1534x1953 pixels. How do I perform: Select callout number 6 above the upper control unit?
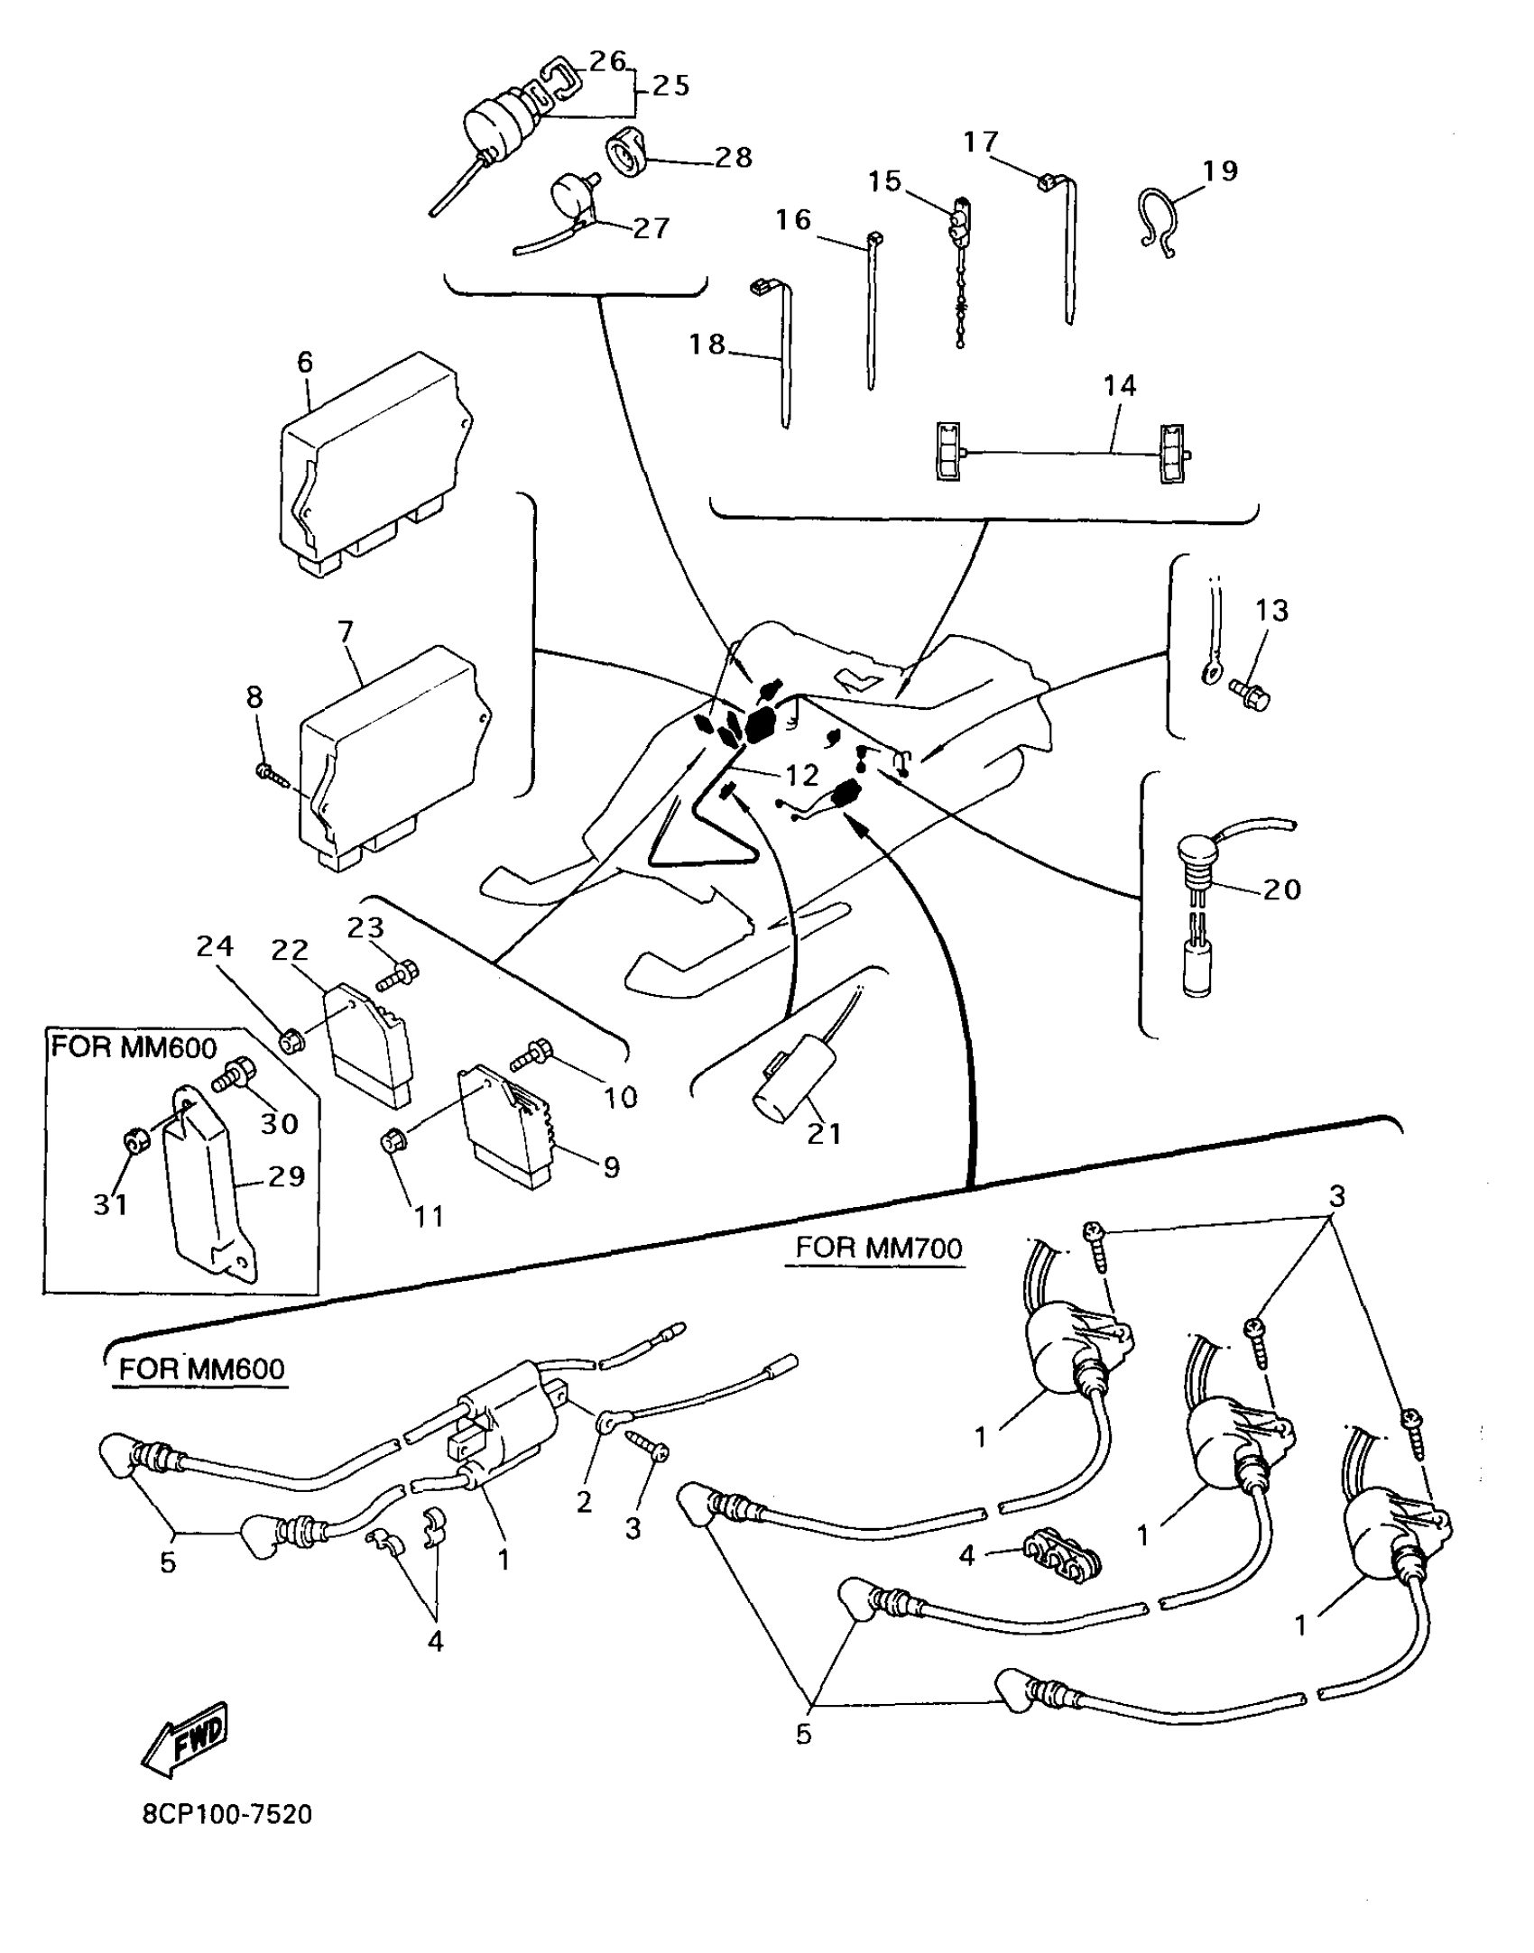coord(305,363)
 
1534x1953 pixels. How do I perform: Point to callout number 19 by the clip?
coord(1220,170)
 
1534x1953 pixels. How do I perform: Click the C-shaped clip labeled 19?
coord(1159,221)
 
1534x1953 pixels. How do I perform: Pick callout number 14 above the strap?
coord(1119,386)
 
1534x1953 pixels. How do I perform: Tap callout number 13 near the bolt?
coord(1271,611)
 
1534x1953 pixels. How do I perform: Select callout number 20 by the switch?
coord(1281,889)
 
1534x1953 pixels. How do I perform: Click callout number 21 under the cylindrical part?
coord(824,1134)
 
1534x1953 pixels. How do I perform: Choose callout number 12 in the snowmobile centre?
coord(800,775)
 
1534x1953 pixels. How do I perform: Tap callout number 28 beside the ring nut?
coord(733,158)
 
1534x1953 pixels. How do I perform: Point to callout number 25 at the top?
coord(670,86)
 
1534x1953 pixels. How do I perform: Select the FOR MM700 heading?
coord(878,1248)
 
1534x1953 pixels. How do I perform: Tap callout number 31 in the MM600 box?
coord(111,1204)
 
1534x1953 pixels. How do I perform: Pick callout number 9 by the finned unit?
coord(611,1167)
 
